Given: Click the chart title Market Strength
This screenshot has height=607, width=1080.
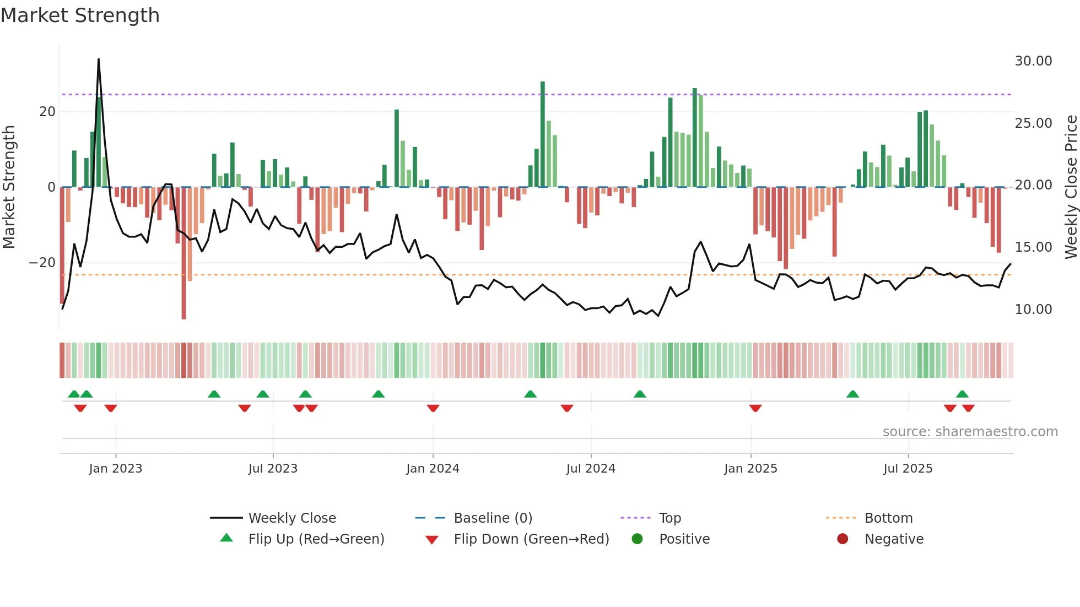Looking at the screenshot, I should [x=80, y=15].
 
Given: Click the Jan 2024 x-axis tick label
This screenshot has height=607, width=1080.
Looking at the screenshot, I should [x=433, y=469].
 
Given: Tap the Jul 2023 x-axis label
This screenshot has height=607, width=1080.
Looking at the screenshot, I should [x=273, y=469].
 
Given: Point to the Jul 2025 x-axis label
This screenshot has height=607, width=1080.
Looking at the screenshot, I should [x=908, y=469].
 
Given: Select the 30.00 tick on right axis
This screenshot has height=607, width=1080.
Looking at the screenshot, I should [x=1033, y=61].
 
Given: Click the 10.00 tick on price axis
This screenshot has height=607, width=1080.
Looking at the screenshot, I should [x=1033, y=310].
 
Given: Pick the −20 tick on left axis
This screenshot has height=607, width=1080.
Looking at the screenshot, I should [x=42, y=263].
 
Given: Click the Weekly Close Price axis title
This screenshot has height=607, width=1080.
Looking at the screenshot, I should [x=1071, y=187].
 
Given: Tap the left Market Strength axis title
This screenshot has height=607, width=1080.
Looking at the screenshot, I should [x=9, y=187].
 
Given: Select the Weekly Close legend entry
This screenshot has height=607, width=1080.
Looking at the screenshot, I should [x=291, y=518].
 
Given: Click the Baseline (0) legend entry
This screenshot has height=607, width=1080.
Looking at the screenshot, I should [x=493, y=518].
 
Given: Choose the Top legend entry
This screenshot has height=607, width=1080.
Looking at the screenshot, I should [x=670, y=518].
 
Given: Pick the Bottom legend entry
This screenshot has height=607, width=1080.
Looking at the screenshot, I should [x=888, y=518].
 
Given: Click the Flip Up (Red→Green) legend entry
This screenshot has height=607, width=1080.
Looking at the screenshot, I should [x=316, y=539].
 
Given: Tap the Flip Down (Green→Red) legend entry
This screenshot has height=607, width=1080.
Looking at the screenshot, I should [x=531, y=539].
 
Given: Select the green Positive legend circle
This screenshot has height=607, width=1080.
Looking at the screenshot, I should [x=638, y=539].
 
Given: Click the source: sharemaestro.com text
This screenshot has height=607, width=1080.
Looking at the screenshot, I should [x=970, y=432].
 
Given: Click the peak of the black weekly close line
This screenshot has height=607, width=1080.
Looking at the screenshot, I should [x=99, y=59].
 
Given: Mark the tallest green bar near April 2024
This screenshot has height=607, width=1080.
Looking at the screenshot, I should [x=543, y=132].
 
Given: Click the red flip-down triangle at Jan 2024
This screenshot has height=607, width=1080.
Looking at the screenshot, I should [x=433, y=408].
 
